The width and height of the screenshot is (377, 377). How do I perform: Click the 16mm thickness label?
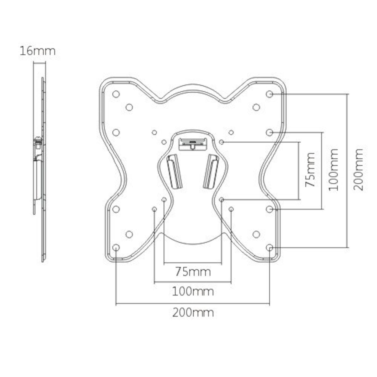point(37,51)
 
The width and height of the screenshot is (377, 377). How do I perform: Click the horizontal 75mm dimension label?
point(193,271)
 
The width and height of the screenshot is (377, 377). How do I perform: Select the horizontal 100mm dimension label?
point(193,291)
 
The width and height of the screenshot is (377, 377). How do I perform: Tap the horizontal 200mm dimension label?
point(193,313)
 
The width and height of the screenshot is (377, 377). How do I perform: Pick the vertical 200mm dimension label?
point(358,170)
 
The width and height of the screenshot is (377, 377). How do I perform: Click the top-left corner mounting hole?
point(116,94)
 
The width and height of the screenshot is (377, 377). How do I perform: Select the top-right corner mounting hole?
point(269,94)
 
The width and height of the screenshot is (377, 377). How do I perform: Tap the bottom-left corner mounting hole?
point(116,247)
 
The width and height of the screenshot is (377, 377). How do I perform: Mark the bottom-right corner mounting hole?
point(269,247)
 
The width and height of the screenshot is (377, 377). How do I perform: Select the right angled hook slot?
point(211,171)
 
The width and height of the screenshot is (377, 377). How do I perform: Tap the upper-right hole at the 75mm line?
point(221,142)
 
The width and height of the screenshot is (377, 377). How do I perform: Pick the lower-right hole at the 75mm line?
point(221,200)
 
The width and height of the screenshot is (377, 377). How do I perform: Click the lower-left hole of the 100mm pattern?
point(154,209)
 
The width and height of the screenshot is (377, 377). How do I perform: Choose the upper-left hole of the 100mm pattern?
point(154,132)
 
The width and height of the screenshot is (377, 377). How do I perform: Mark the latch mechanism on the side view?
point(38,143)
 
